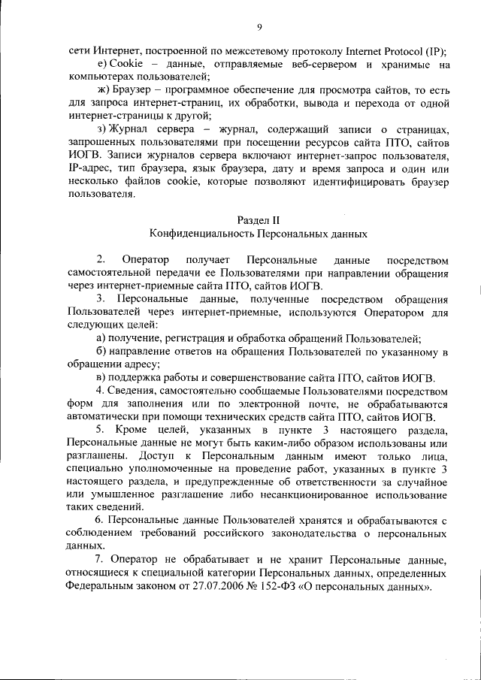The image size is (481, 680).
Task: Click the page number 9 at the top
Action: coord(259,28)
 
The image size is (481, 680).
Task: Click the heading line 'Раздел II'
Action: coord(259,219)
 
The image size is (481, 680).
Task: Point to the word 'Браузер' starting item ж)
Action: coord(132,90)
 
